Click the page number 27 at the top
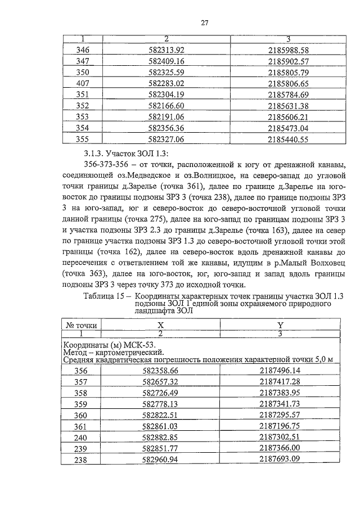click(205, 23)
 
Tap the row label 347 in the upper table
click(82, 61)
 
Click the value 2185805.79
click(289, 72)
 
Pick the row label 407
click(82, 83)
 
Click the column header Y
click(280, 325)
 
